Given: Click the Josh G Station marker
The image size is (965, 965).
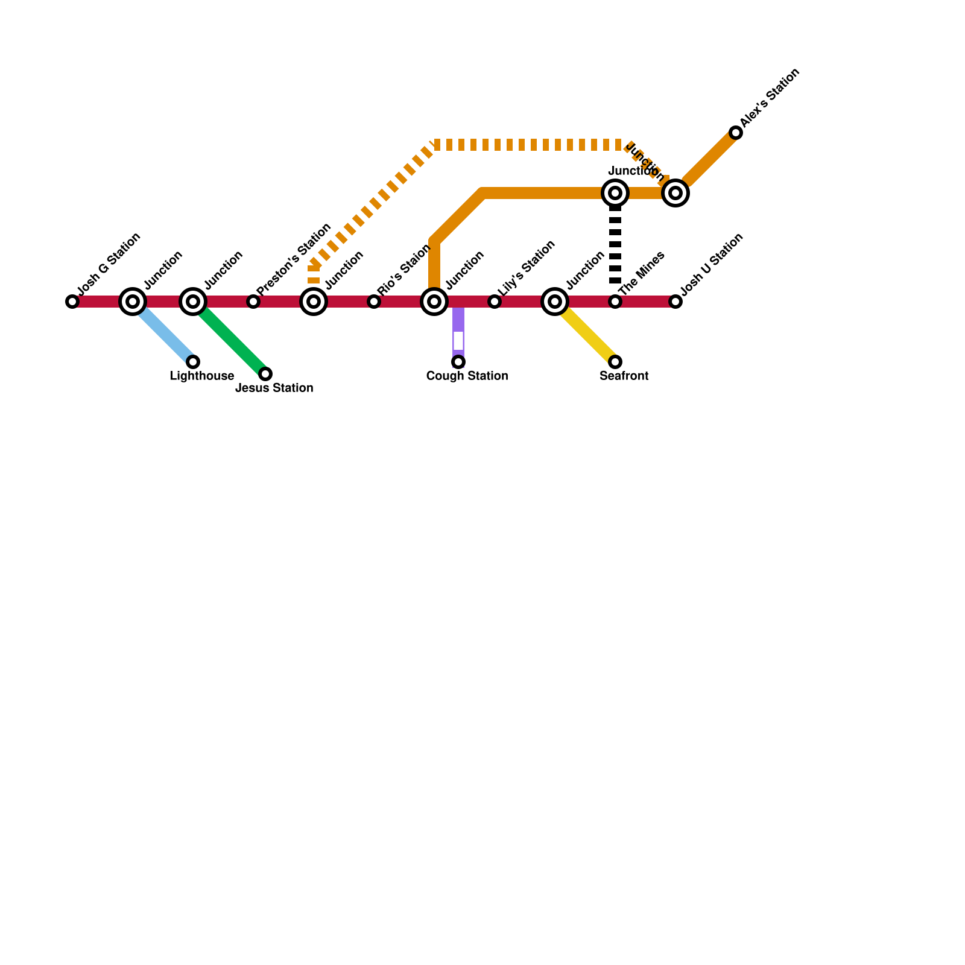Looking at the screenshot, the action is (x=72, y=302).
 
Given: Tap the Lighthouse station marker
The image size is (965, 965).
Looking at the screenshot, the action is (x=193, y=362).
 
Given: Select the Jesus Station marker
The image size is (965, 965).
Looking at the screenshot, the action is (x=265, y=374).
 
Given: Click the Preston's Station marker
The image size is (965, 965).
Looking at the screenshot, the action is (x=253, y=302).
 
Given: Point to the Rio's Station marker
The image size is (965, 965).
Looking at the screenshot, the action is (x=374, y=302).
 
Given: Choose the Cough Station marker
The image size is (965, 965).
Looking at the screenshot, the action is (x=458, y=362).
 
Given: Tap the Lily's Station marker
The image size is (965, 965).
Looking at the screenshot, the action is (x=495, y=302).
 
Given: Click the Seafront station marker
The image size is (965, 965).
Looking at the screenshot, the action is (x=615, y=362).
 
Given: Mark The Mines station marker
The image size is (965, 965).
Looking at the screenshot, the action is (x=615, y=302).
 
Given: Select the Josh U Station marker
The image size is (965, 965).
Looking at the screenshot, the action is (x=675, y=302).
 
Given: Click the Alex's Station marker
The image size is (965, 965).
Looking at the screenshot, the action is (x=736, y=133).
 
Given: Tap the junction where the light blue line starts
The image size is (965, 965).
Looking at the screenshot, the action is (x=133, y=302).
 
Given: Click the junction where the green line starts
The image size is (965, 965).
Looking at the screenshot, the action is (x=193, y=302).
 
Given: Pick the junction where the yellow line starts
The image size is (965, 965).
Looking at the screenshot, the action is (x=555, y=302).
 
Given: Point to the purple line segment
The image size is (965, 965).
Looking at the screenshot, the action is (x=458, y=320).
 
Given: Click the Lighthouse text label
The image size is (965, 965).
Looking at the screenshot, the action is (x=201, y=376).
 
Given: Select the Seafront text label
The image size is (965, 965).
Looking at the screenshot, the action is (x=624, y=376).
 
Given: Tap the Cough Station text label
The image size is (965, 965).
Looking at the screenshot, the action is (x=467, y=376).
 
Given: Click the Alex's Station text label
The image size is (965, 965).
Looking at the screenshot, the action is (x=770, y=98).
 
